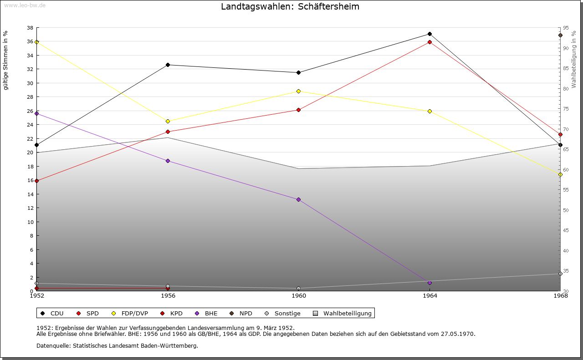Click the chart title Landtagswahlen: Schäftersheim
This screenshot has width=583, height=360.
(290, 7)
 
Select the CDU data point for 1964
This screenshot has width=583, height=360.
(430, 34)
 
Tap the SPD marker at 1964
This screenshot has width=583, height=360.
(430, 42)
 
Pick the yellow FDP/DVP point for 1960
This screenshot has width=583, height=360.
(298, 91)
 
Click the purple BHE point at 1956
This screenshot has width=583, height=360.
(168, 161)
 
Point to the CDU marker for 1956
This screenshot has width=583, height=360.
(168, 65)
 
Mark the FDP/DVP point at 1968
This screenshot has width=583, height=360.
(560, 175)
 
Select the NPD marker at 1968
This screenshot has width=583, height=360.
(560, 35)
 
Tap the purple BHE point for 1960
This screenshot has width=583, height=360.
(298, 200)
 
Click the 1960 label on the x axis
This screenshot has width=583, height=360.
(299, 296)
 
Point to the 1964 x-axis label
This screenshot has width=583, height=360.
(430, 296)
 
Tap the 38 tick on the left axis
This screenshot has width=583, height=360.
(30, 28)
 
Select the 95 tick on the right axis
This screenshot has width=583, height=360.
(565, 28)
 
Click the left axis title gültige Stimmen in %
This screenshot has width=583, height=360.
(6, 61)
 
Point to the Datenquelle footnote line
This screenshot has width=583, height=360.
(117, 345)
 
